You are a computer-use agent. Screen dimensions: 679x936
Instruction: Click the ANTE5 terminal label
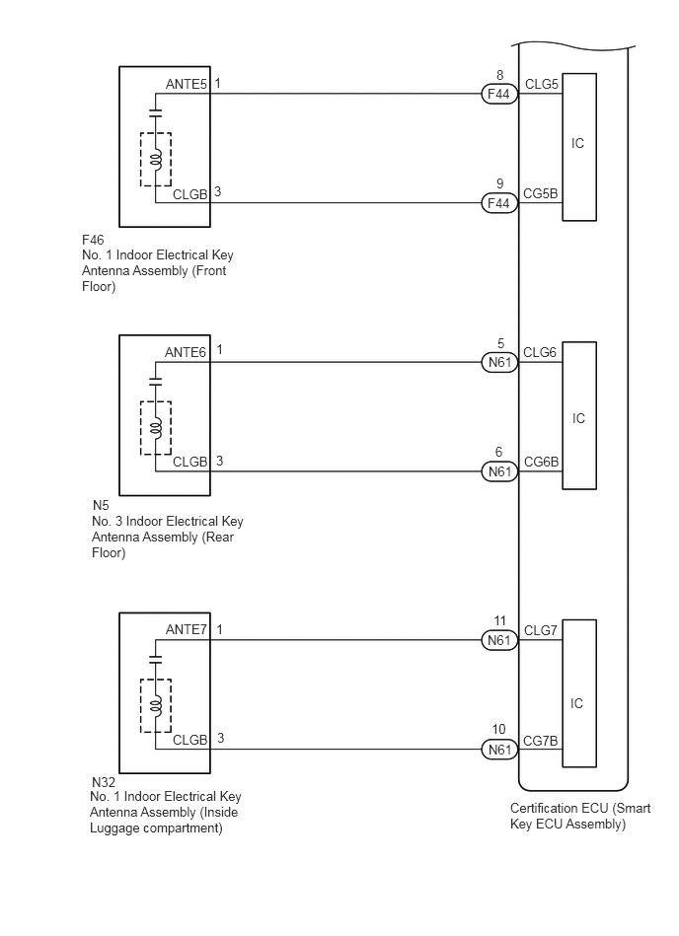186,84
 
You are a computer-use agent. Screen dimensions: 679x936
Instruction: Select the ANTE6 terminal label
186,353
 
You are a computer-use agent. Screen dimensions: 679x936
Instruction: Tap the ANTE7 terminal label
186,630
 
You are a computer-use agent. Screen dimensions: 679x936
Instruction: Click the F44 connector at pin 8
499,94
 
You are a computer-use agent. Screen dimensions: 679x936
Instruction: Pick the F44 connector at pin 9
499,203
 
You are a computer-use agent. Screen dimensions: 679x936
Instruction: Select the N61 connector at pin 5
499,362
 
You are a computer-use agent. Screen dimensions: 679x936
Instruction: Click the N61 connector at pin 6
499,471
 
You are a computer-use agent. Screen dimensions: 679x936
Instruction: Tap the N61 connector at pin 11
499,640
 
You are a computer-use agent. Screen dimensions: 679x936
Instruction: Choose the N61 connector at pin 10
499,750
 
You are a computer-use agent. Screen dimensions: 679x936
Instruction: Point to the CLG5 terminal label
541,84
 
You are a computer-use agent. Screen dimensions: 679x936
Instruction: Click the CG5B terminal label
541,193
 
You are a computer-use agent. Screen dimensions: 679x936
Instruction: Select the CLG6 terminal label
540,353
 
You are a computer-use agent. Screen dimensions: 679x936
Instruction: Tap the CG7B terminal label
541,741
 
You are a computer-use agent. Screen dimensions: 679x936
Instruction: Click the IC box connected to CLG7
579,693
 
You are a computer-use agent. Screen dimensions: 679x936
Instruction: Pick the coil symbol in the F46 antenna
155,160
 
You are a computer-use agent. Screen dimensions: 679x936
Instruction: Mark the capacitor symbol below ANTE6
155,382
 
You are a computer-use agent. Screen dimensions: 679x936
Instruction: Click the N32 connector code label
104,782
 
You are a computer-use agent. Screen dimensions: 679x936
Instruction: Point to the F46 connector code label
93,240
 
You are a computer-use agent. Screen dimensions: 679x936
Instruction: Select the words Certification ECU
559,808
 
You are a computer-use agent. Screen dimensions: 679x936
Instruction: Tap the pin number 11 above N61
499,620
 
